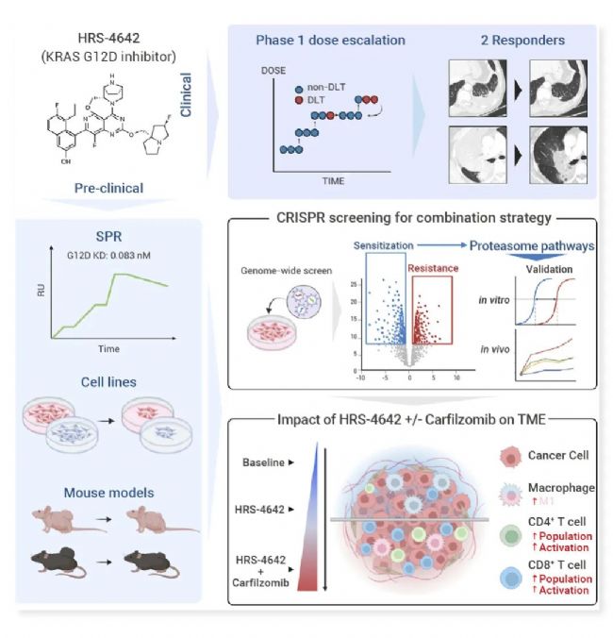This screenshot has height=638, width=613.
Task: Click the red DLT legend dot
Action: [299, 97]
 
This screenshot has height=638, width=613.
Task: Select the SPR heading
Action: [109, 234]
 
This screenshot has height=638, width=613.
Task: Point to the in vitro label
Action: [491, 303]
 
